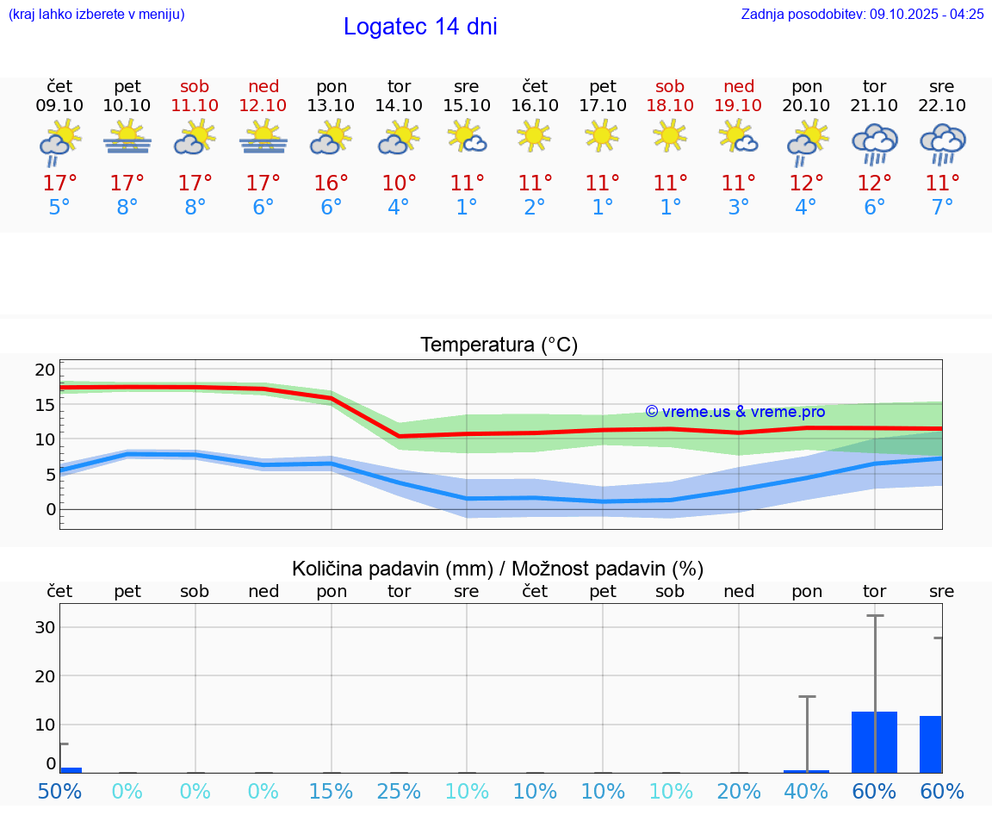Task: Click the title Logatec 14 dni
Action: [420, 27]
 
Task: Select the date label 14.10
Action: [399, 106]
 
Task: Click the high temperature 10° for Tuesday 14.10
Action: [399, 184]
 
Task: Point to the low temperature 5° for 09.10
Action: [59, 208]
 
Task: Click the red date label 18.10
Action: [670, 106]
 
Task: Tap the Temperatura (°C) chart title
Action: [499, 345]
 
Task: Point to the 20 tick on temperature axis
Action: [45, 370]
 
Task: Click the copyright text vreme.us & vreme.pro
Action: [735, 412]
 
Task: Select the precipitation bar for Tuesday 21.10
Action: [874, 742]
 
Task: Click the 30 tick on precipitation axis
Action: [45, 627]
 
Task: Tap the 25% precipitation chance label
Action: [399, 792]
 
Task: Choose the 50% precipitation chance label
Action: [59, 792]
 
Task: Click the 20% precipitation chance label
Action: [738, 792]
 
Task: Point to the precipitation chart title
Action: [498, 569]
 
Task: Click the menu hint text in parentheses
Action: [96, 14]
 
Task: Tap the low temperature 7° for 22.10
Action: [942, 208]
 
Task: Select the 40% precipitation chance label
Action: [806, 792]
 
